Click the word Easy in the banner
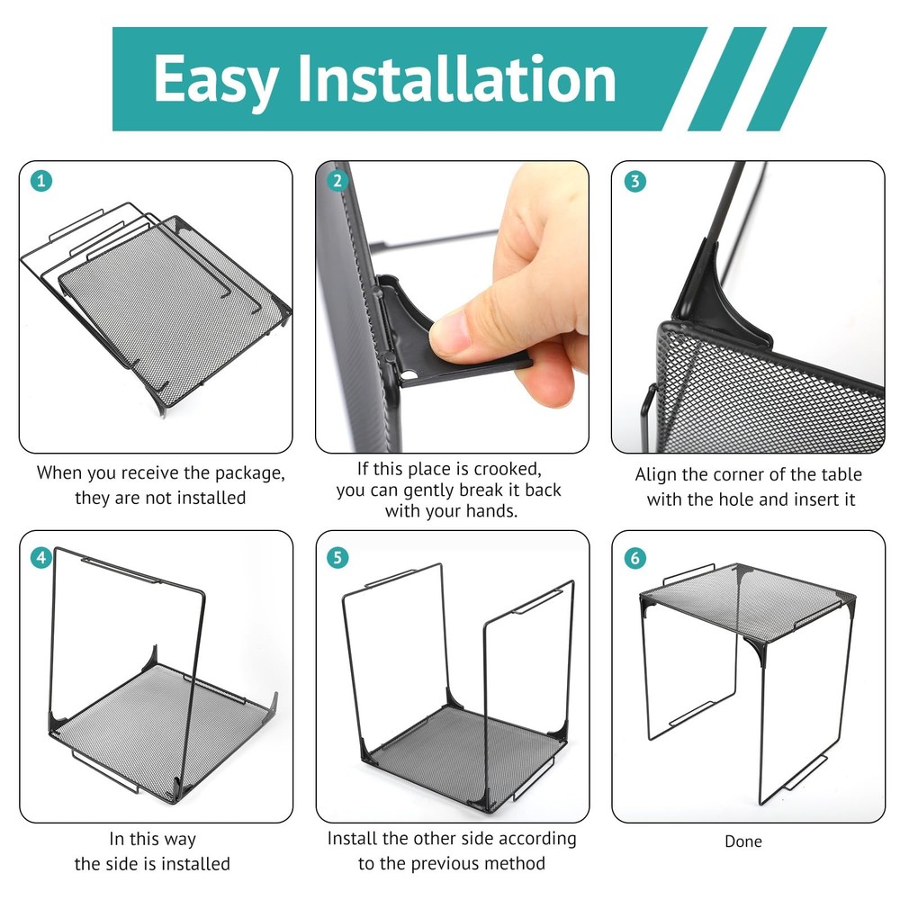click(x=217, y=80)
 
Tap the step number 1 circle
click(x=40, y=182)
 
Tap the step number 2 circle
click(x=337, y=182)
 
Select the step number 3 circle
click(x=634, y=182)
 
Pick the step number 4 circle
click(x=40, y=557)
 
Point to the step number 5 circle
click(x=337, y=557)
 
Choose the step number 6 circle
click(x=634, y=557)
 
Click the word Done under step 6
click(x=743, y=841)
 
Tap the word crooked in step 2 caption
click(x=508, y=470)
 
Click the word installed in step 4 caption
click(x=194, y=864)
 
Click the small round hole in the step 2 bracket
click(x=409, y=375)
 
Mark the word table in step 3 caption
click(x=841, y=474)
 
